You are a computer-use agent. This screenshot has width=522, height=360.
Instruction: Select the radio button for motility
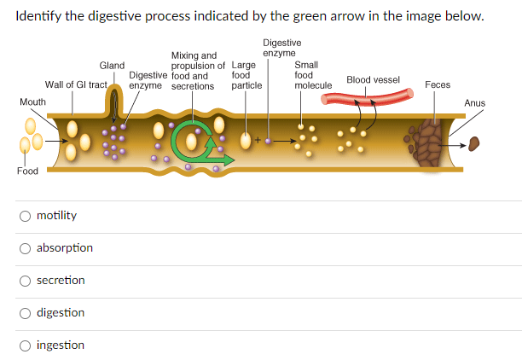26,215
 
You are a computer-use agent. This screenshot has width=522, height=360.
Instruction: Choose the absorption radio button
26,247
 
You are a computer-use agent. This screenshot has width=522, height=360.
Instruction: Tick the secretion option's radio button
26,280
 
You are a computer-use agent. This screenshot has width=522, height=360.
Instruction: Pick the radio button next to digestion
26,312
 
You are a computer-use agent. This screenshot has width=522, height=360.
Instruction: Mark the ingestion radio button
26,345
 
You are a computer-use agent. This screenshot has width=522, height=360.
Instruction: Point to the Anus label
474,103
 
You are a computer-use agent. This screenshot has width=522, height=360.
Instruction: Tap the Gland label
112,65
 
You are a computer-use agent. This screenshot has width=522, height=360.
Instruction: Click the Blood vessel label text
373,79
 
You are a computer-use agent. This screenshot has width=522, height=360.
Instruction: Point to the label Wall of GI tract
76,84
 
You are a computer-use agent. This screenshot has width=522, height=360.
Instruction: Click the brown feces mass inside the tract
432,140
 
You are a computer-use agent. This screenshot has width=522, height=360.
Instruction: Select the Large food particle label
246,75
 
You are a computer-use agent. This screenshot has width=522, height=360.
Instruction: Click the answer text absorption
65,247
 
